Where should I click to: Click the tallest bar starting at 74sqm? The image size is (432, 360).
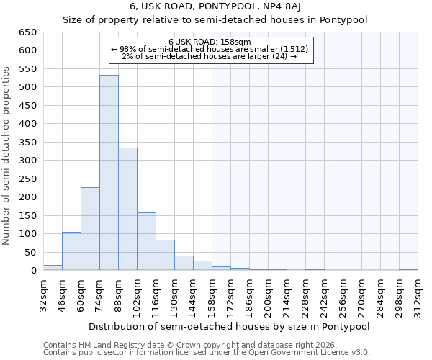[109, 173]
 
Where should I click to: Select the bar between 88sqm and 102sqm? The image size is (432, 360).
[127, 209]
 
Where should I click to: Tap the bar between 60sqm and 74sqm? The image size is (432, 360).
[90, 229]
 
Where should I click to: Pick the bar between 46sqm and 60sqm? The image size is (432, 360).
[71, 251]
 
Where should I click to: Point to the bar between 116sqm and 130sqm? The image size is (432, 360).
[165, 255]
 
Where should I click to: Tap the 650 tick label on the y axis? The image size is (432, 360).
[27, 32]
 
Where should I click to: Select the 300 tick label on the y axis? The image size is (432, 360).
[27, 161]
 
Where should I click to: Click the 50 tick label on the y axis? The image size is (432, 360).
[30, 252]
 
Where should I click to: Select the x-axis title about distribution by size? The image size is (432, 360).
[230, 326]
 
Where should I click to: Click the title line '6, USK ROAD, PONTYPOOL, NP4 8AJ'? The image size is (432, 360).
[216, 6]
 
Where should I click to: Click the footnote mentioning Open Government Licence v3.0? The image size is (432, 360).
[207, 353]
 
